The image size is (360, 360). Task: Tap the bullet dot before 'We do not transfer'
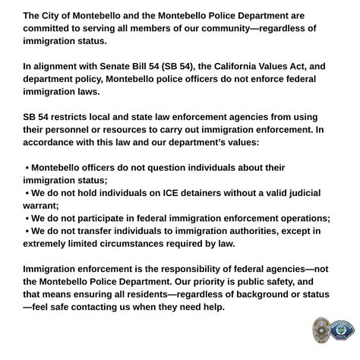[x=27, y=231]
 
